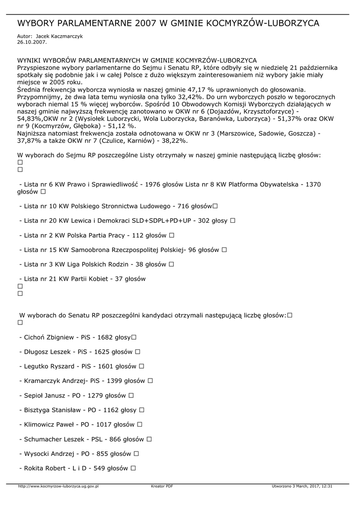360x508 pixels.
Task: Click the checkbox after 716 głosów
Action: (215, 206)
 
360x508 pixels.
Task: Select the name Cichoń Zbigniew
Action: (49, 337)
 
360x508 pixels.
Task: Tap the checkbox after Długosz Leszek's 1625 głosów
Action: (138, 352)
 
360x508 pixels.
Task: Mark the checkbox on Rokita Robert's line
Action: (133, 468)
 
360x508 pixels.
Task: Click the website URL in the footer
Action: (58, 486)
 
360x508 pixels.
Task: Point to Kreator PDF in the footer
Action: (162, 486)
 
